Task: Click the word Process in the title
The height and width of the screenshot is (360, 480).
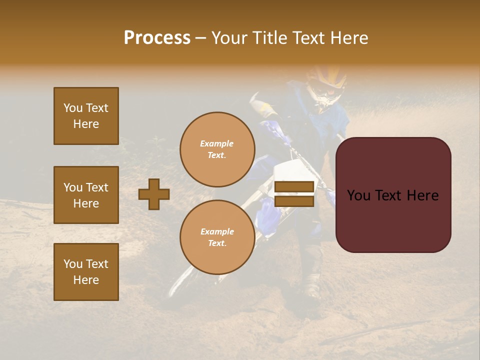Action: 157,38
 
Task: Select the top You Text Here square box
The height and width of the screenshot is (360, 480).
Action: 86,116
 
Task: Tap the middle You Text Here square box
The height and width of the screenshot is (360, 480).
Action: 86,195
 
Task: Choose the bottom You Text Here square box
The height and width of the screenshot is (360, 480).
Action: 86,271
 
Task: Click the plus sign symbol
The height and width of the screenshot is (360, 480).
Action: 154,194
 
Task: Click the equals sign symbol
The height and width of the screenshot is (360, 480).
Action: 294,194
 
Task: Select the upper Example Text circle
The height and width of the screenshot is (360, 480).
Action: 217,149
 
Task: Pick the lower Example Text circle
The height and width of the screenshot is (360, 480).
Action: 217,237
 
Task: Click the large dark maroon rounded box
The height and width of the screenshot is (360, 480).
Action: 393,194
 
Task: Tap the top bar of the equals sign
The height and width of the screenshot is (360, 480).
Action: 294,187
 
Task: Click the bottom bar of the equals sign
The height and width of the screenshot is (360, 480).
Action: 294,201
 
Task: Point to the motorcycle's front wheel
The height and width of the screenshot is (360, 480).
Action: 185,280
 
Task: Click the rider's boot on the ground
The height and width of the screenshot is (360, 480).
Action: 312,290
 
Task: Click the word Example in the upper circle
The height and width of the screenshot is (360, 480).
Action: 217,143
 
